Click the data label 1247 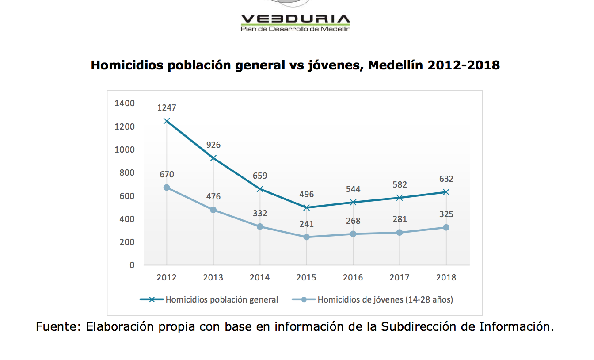pos(167,107)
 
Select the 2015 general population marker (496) pos(307,207)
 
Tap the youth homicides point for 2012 pos(167,188)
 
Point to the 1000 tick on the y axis pos(124,149)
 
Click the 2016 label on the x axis pos(353,277)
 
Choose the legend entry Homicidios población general pos(209,299)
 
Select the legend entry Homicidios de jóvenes pos(373,299)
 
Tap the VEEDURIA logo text pos(296,19)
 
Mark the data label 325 pos(446,214)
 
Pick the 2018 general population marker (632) pos(446,192)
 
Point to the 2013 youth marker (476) pos(213,210)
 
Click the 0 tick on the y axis pos(132,265)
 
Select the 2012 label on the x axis pos(167,277)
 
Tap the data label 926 pos(213,145)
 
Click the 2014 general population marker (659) pos(260,189)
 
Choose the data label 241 pos(307,224)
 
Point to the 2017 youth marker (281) pos(400,233)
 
